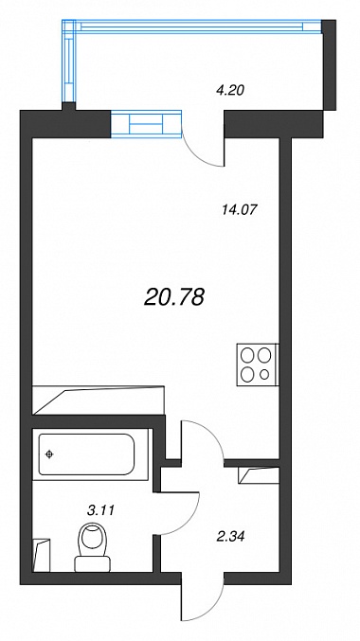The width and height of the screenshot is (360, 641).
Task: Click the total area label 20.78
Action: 174,296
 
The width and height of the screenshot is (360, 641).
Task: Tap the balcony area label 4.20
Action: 230,90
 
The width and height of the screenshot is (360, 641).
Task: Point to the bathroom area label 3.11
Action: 100,509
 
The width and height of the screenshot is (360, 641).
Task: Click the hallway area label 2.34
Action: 231,536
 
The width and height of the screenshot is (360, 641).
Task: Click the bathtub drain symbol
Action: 49,454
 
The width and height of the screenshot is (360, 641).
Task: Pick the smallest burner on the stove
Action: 265,374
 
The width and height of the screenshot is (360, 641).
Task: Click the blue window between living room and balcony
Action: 146,123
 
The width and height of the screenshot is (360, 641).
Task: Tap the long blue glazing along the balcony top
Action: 192,27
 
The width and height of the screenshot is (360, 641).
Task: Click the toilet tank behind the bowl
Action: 93,564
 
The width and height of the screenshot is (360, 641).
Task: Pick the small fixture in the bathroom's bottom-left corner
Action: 41,555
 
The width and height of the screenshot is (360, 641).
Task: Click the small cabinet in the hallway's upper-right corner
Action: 259,476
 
